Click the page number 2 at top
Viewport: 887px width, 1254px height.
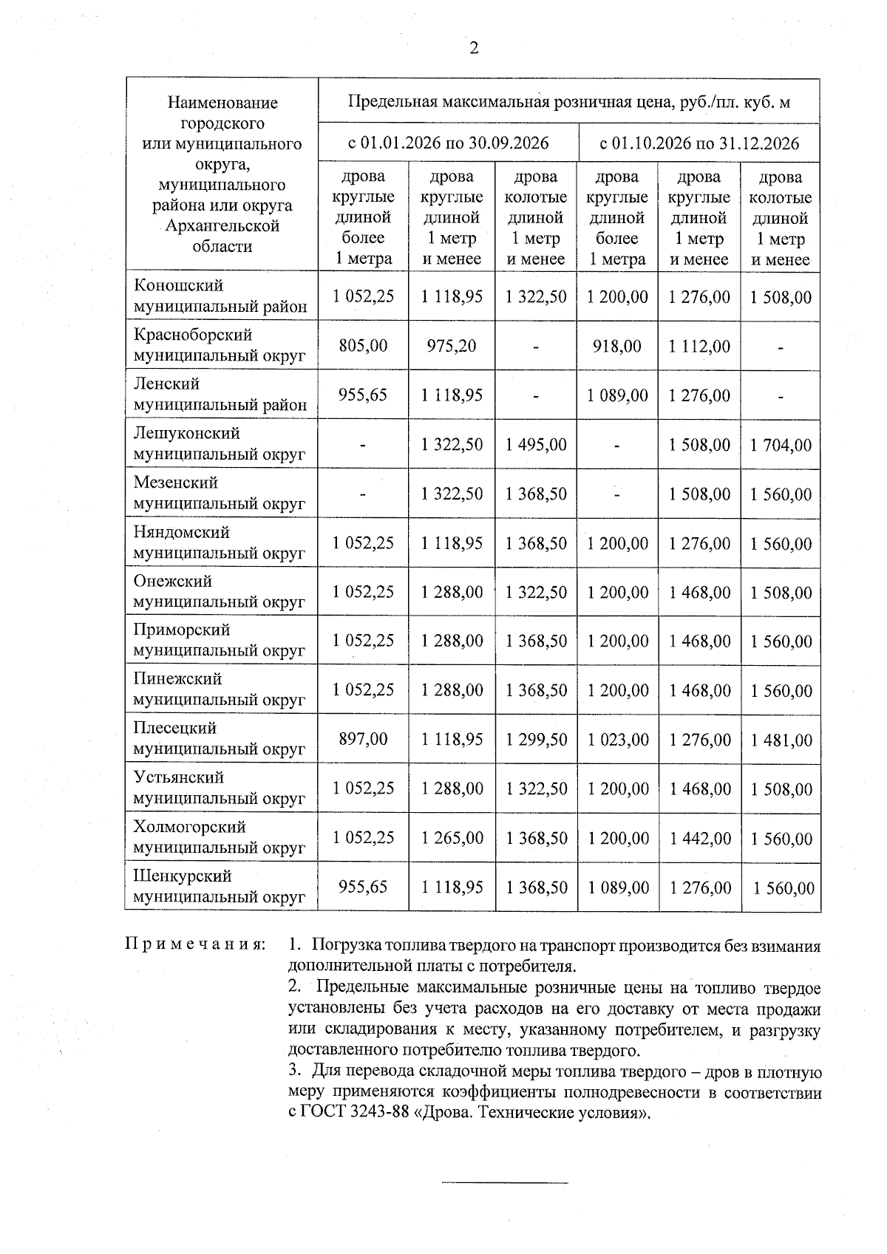(474, 49)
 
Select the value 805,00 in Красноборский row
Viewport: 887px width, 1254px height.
(363, 345)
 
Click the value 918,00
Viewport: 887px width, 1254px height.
(617, 345)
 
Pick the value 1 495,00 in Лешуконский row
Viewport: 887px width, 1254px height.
(536, 444)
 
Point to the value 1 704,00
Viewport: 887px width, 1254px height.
(781, 445)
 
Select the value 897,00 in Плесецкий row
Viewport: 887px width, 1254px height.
(363, 739)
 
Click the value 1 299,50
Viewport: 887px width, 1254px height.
(536, 739)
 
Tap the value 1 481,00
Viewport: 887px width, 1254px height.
(781, 740)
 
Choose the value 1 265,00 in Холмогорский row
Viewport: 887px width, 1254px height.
(452, 838)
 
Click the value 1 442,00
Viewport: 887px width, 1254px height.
(699, 838)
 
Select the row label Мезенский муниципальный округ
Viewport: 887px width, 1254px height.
(219, 493)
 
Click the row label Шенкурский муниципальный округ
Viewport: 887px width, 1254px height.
(219, 886)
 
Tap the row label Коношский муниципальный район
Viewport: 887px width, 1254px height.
(220, 296)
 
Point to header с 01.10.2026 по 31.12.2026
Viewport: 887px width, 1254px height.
(699, 143)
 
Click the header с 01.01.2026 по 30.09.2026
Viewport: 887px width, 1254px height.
(448, 143)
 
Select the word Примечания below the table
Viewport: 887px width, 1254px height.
(195, 945)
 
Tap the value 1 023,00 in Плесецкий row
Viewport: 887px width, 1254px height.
(617, 739)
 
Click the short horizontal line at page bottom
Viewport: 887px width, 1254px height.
(505, 1183)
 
